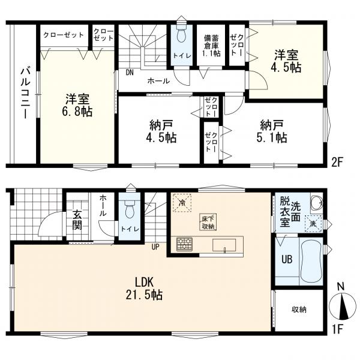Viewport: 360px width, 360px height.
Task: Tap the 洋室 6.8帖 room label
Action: point(77,106)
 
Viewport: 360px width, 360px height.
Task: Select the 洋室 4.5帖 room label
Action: point(286,61)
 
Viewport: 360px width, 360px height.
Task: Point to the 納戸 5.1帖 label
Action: point(272,131)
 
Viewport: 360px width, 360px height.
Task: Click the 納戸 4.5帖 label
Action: point(161,132)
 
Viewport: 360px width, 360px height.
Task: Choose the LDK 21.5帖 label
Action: point(144,289)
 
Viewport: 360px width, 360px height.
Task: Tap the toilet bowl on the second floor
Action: point(182,34)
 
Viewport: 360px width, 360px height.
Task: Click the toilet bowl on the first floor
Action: point(130,208)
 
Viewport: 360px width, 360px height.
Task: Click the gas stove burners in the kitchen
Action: point(184,244)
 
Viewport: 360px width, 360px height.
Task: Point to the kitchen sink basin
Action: point(224,245)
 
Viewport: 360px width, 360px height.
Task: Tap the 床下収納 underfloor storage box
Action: point(208,222)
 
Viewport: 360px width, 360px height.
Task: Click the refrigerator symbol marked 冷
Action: point(182,203)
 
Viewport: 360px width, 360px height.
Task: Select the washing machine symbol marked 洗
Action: point(313,224)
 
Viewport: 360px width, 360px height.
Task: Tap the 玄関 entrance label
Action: point(77,220)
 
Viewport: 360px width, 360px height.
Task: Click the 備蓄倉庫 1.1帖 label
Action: point(211,46)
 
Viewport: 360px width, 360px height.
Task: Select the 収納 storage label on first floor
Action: point(299,310)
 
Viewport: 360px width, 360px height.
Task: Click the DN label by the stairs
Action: point(130,73)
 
